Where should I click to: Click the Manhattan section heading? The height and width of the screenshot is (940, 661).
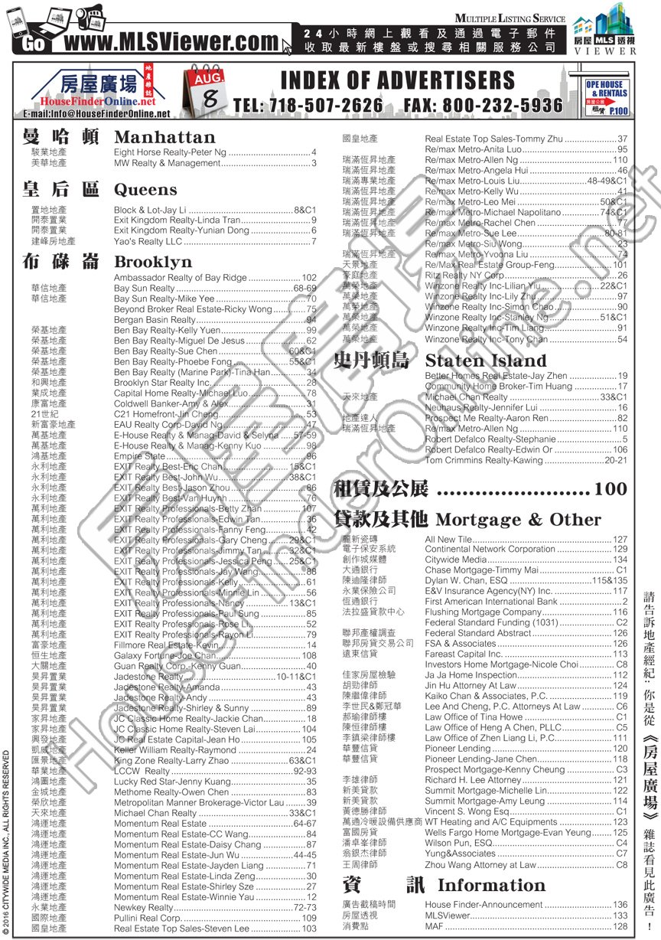(x=164, y=137)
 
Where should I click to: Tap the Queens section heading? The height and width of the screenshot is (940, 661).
(x=145, y=189)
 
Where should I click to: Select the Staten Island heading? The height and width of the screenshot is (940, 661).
(x=486, y=361)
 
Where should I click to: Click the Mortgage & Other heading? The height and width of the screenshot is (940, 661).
(x=518, y=520)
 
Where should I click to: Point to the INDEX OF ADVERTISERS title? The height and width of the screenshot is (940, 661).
(x=397, y=80)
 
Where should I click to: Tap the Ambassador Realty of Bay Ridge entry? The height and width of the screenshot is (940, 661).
(x=181, y=278)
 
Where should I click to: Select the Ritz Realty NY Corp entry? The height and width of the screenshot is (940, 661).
(x=465, y=275)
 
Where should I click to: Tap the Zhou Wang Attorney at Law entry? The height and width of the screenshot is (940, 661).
(x=480, y=864)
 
